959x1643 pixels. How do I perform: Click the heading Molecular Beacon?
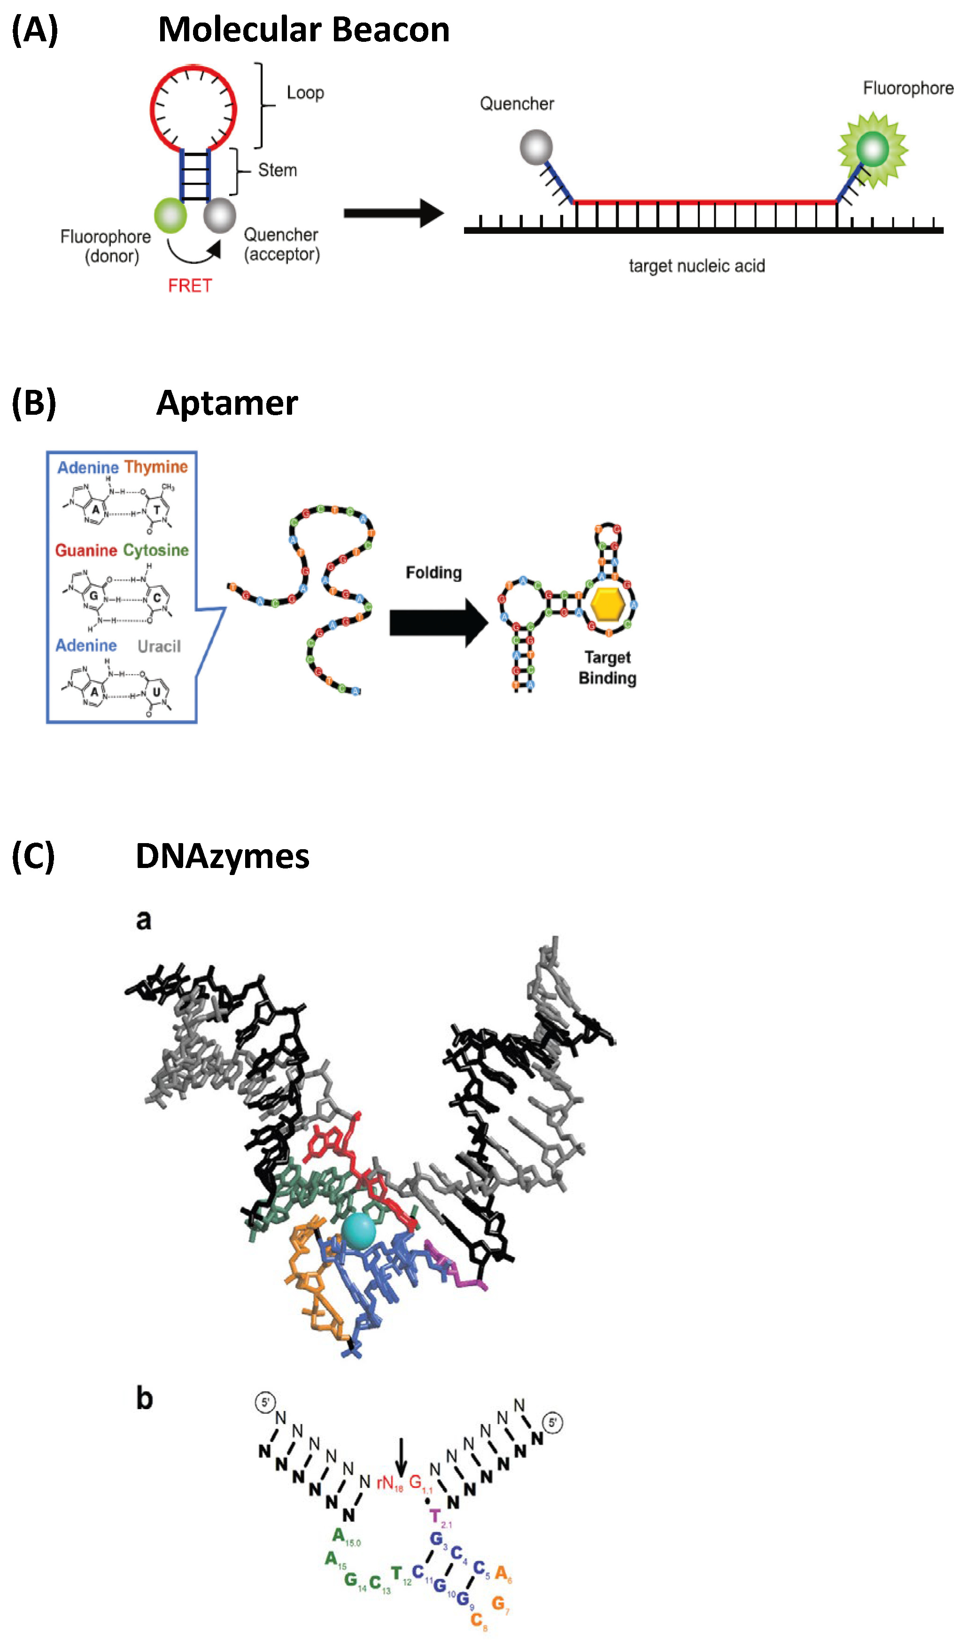[304, 30]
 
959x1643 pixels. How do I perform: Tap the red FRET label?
[190, 286]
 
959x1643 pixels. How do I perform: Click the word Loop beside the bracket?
[305, 93]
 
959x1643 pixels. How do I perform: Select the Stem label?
[277, 170]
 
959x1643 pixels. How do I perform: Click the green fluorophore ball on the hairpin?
[170, 215]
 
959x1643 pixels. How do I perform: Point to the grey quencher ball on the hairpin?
[220, 215]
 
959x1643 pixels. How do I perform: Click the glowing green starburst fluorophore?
[872, 149]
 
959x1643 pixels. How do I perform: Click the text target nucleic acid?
[696, 266]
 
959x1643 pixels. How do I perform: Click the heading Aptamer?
[227, 403]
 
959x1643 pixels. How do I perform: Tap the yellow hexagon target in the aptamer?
[608, 604]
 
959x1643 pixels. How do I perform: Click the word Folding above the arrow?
[433, 573]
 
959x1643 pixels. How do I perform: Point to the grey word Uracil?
[159, 646]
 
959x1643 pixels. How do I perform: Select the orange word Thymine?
[156, 467]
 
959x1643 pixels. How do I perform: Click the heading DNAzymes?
[222, 856]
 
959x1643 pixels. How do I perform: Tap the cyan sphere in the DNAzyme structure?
[358, 1231]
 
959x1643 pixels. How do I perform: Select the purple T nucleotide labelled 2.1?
[435, 1517]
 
